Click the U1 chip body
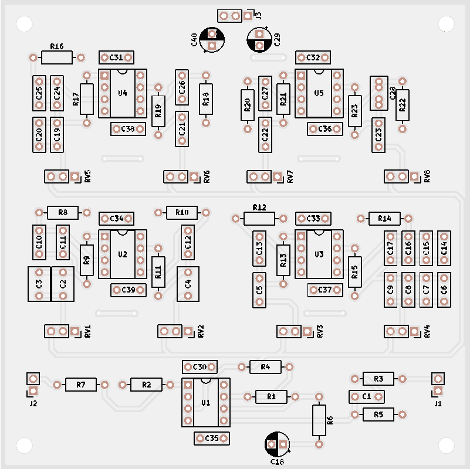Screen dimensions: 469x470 coord(205,403)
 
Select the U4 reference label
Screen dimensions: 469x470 coord(123,93)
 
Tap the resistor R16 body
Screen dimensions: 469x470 coord(57,57)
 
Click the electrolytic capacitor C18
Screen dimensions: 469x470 coord(277,444)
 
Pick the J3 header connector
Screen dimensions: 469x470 coord(229,15)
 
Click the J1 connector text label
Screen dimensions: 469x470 coord(438,404)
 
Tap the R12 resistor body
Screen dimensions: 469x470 coord(259,219)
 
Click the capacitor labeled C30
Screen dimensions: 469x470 coord(200,367)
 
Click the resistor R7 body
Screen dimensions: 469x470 coord(81,385)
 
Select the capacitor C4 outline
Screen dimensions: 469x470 coord(188,284)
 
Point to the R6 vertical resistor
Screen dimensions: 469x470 coord(319,420)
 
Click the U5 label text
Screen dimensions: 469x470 coord(319,93)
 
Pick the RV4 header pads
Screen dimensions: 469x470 coord(397,331)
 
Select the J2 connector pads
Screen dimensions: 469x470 coord(33,385)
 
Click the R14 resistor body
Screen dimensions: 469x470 coord(384,219)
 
